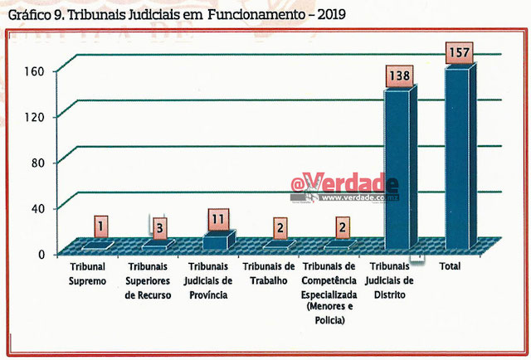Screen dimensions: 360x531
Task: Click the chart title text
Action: [175, 13]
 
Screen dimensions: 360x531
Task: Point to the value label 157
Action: [456, 53]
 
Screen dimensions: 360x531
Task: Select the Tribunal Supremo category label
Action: [88, 275]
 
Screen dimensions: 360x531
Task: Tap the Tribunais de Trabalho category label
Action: [268, 275]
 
